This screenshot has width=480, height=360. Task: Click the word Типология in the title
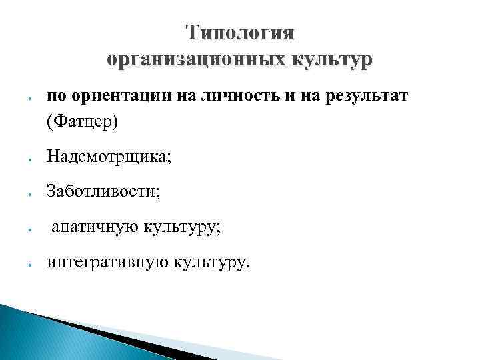pyautogui.click(x=240, y=33)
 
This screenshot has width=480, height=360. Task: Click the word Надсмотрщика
pyautogui.click(x=109, y=158)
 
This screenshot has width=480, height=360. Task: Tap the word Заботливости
pyautogui.click(x=103, y=193)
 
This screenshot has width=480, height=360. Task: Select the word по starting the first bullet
pyautogui.click(x=55, y=97)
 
